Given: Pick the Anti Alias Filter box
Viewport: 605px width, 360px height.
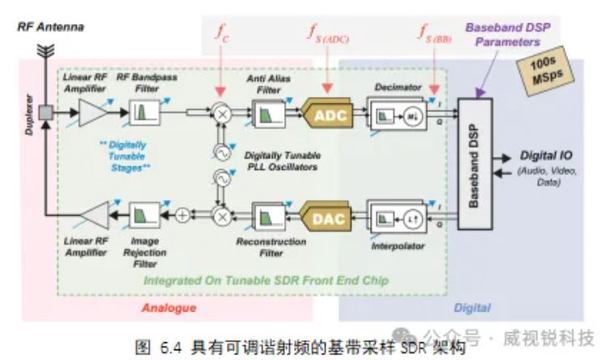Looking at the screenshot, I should click(x=266, y=115).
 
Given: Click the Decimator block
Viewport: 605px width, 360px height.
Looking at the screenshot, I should click(x=395, y=115).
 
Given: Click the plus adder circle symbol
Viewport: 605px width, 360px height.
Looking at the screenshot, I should click(x=184, y=215).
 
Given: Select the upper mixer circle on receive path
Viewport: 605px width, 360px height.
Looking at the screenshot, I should click(x=220, y=115).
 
